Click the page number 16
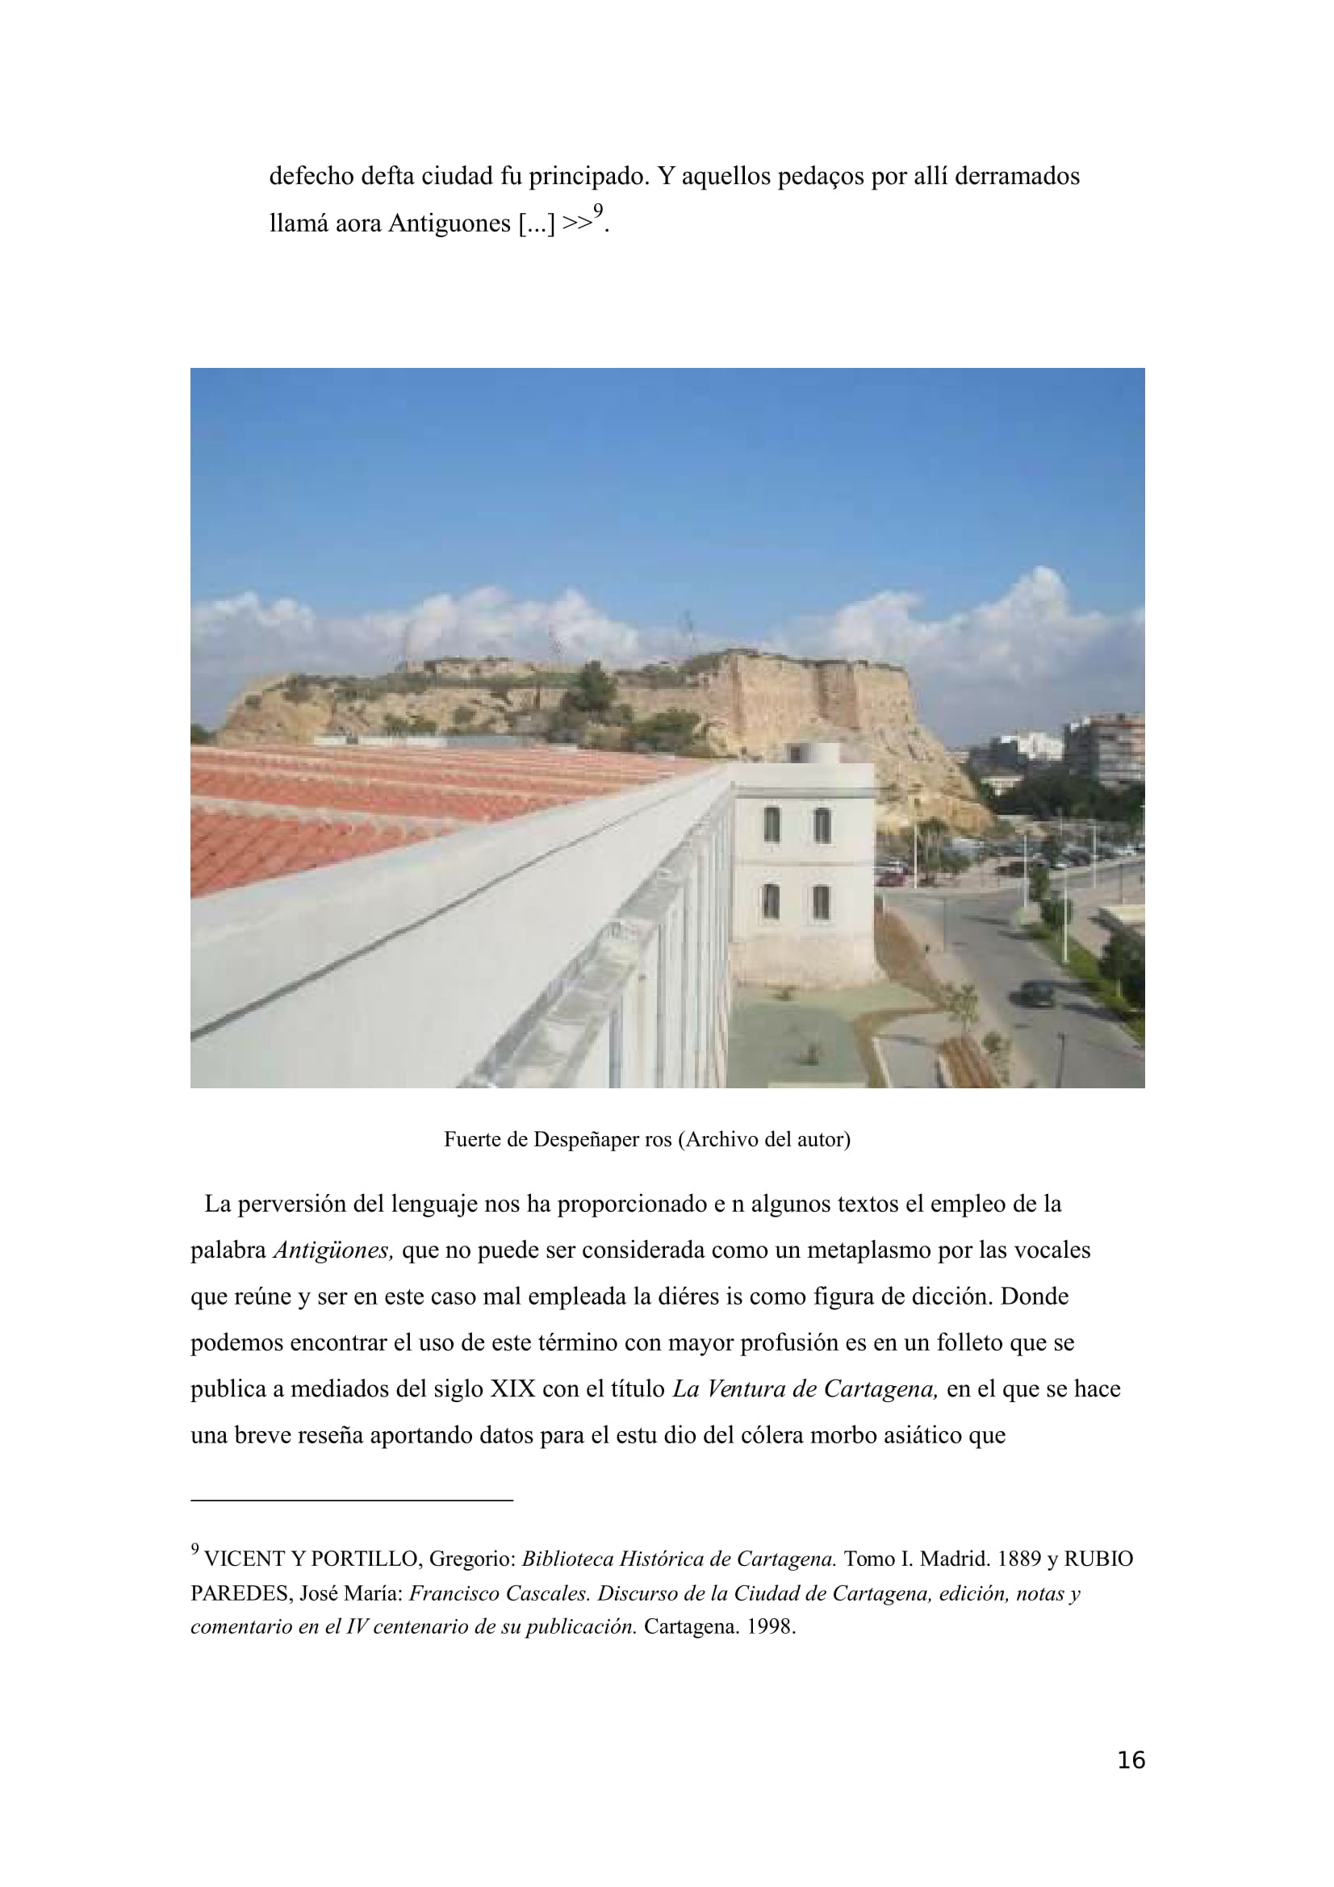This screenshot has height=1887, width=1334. click(x=1131, y=1760)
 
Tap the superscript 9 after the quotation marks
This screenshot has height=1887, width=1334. click(x=598, y=211)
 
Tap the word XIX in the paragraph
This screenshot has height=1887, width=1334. click(x=513, y=1389)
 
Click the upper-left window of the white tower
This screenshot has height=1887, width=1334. click(x=771, y=825)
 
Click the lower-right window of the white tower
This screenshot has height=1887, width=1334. click(x=821, y=902)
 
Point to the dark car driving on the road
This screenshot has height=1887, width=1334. click(x=1036, y=994)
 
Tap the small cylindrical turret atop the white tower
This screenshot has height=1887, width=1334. click(x=813, y=752)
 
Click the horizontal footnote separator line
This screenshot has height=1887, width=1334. click(x=352, y=1500)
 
